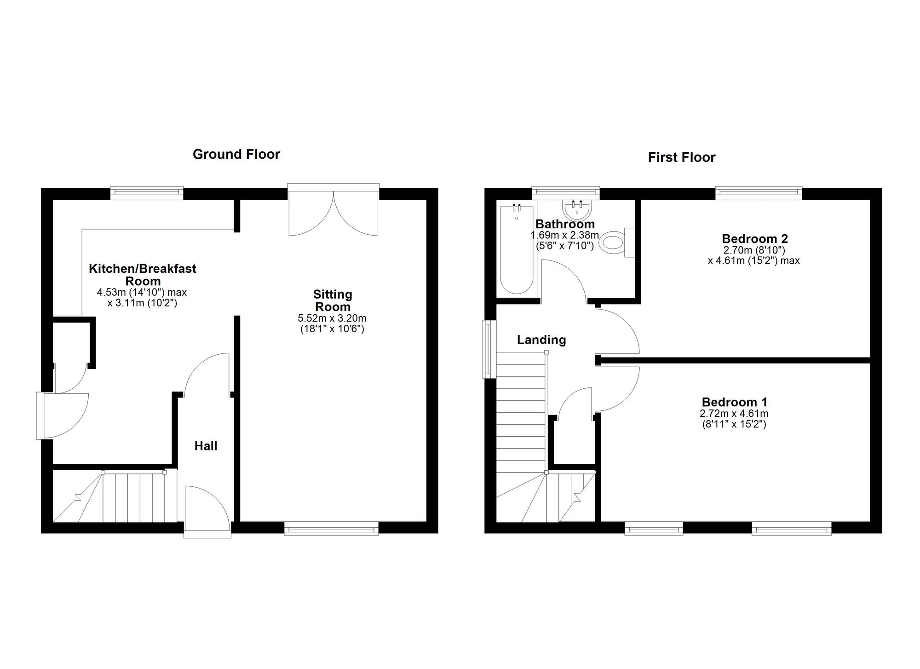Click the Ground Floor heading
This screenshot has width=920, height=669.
click(236, 154)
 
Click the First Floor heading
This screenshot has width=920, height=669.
click(681, 157)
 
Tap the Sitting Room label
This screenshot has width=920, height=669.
click(332, 300)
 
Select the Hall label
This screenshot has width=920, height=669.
click(206, 446)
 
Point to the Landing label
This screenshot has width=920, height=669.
click(541, 340)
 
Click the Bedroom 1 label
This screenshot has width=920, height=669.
click(734, 402)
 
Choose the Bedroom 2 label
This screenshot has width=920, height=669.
click(754, 239)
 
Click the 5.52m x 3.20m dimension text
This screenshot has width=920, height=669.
click(332, 318)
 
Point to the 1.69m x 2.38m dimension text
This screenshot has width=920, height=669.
click(565, 236)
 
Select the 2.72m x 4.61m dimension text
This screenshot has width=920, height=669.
click(734, 414)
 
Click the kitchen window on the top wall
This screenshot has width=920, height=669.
click(147, 193)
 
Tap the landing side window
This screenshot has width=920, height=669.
click(487, 349)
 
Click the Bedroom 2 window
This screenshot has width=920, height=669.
click(759, 193)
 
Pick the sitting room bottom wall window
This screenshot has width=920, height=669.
click(331, 528)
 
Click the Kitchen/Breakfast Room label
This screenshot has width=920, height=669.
click(143, 275)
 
